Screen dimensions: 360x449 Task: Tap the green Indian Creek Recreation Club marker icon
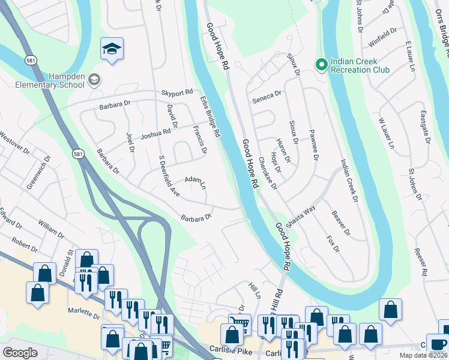tap(321, 64)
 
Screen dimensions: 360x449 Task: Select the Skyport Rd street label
tap(177, 93)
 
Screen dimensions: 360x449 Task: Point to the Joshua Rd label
tap(155, 136)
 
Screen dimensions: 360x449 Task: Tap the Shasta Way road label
tap(300, 216)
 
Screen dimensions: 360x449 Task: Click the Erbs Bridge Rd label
tap(210, 116)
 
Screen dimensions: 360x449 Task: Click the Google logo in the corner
tap(20, 353)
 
